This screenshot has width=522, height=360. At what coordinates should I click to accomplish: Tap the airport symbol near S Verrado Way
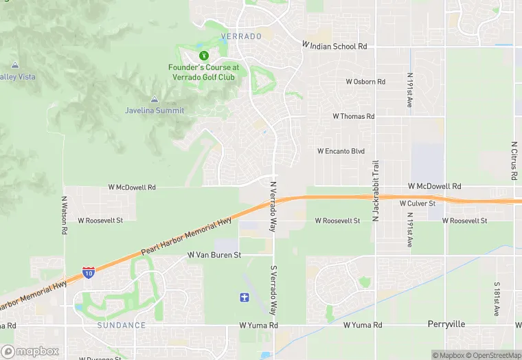(242, 297)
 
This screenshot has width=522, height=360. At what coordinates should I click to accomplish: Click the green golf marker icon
(203, 55)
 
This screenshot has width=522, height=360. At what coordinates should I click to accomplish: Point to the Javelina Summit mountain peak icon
(154, 100)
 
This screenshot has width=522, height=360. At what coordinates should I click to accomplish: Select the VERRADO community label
(241, 36)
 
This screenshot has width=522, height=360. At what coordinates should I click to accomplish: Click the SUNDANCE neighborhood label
(122, 325)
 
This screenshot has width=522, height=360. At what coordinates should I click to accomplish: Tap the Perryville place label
(446, 324)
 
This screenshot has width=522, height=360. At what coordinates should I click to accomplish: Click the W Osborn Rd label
(365, 82)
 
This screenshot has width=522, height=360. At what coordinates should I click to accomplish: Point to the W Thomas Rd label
(354, 117)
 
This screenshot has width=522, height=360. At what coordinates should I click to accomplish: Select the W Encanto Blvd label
(341, 151)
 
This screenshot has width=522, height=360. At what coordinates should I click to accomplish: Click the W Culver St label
(418, 203)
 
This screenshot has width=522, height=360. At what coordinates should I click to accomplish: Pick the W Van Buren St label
(215, 255)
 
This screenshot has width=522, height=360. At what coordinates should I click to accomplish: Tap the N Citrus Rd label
(514, 161)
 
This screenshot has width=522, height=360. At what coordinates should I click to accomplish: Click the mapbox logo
(30, 351)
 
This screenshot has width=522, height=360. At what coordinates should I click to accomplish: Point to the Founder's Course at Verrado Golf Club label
(204, 72)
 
